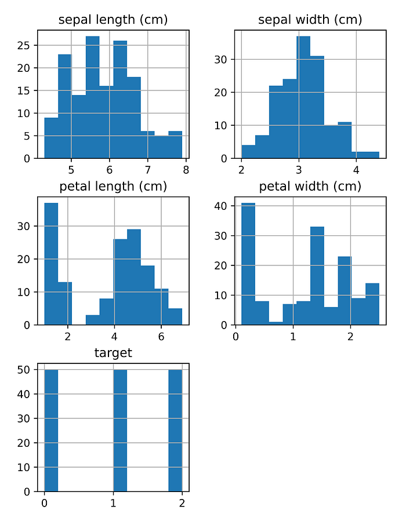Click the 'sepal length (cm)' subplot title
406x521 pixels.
113,20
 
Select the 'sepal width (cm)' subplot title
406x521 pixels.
310,20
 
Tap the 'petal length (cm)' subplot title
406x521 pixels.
113,186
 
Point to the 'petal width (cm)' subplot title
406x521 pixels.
310,186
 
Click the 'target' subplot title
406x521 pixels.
113,352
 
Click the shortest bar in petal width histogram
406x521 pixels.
275,323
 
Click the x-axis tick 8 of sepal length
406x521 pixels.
186,170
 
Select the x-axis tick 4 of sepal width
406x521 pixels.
356,170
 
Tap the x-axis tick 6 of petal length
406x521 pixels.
161,336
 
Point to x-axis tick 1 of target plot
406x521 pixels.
113,502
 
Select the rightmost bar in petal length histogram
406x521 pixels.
175,316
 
